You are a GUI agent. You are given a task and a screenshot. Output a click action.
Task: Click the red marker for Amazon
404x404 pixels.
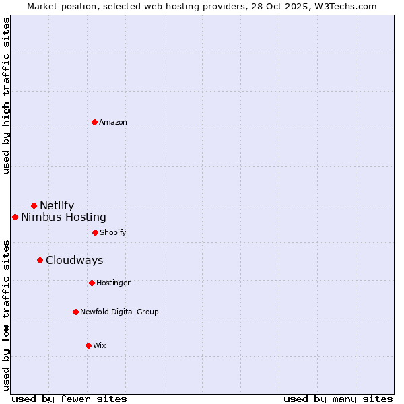(x=94, y=122)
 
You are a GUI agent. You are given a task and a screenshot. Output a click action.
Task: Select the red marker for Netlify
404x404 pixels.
(x=34, y=205)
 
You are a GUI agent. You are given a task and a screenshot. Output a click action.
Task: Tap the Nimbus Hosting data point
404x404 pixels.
(x=15, y=217)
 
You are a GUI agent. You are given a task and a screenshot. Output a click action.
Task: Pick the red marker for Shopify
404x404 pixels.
(x=95, y=232)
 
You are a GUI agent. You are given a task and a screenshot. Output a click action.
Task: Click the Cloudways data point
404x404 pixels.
(x=40, y=260)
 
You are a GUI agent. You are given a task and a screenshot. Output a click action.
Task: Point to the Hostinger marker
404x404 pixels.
(x=92, y=283)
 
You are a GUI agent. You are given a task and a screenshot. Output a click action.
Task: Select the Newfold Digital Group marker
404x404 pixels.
(x=75, y=312)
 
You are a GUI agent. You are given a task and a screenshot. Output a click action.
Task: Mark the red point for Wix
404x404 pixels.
(x=88, y=345)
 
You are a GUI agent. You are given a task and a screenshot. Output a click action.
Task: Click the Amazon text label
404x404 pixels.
(x=113, y=122)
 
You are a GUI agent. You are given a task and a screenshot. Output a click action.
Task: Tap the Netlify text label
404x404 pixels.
(x=57, y=205)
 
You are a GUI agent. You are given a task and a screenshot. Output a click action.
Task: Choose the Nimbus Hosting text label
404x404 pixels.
(x=63, y=217)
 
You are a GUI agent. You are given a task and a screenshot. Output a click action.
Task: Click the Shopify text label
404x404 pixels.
(x=113, y=232)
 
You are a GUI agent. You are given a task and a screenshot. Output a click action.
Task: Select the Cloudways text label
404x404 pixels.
(x=75, y=260)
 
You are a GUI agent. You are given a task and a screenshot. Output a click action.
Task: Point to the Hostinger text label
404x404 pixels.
(x=113, y=283)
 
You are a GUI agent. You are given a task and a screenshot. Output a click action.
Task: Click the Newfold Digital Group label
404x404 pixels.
(x=119, y=312)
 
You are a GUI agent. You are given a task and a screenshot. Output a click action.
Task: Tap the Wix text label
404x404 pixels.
(x=100, y=345)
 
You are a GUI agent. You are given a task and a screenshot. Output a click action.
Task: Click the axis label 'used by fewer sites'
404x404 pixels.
(x=69, y=399)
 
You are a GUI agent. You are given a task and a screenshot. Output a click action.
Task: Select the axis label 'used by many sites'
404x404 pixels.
(x=338, y=399)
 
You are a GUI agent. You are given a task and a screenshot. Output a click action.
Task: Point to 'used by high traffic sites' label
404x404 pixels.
(x=6, y=96)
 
